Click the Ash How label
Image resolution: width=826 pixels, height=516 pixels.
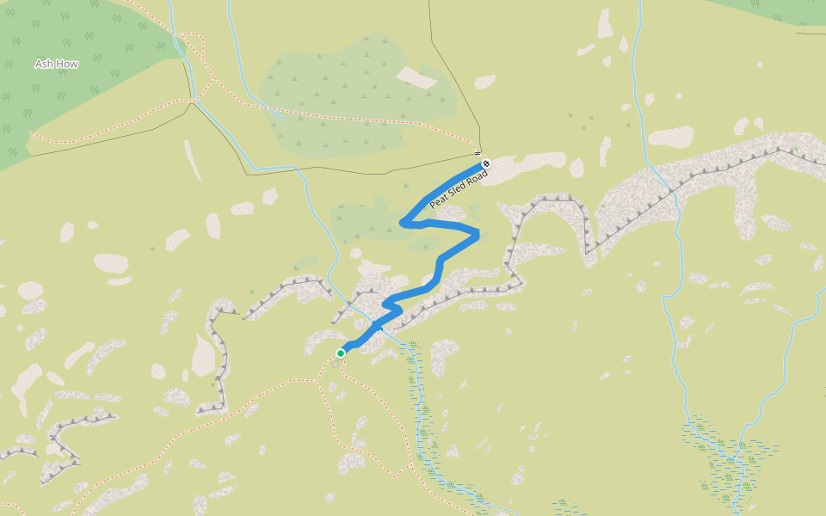(57, 64)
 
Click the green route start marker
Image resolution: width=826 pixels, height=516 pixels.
(341, 353)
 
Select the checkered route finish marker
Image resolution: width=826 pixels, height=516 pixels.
(486, 163)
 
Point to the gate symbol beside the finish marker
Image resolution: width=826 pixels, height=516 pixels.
(476, 153)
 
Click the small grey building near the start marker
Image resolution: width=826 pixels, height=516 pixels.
(335, 364)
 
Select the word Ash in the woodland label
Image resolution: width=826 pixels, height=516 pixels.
(44, 64)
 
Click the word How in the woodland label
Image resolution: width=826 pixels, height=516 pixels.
(68, 64)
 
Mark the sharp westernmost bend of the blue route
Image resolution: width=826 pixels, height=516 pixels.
(403, 224)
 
